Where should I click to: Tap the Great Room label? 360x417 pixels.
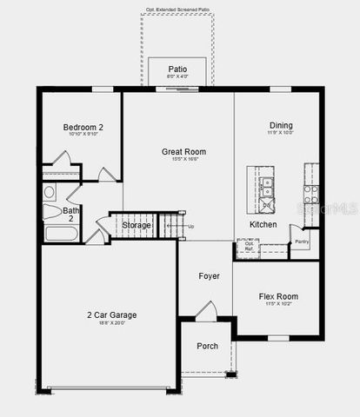click(x=183, y=151)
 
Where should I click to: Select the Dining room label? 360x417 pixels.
click(x=280, y=125)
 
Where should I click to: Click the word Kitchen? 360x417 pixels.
click(x=263, y=224)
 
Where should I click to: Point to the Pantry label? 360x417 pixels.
click(x=303, y=242)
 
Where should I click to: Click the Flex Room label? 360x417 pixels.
click(x=278, y=296)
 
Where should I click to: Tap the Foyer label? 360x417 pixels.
click(x=209, y=276)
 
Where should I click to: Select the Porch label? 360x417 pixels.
click(x=208, y=346)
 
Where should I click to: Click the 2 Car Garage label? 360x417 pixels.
click(x=110, y=314)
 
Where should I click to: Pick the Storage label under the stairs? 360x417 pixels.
click(x=137, y=225)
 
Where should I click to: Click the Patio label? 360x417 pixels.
click(x=178, y=69)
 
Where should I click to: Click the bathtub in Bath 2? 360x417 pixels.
click(x=60, y=233)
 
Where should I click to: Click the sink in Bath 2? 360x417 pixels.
click(x=50, y=193)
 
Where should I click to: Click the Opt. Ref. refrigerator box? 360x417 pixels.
click(x=249, y=248)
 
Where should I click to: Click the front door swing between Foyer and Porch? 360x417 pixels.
click(x=206, y=309)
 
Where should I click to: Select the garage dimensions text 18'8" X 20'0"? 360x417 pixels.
click(x=110, y=323)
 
